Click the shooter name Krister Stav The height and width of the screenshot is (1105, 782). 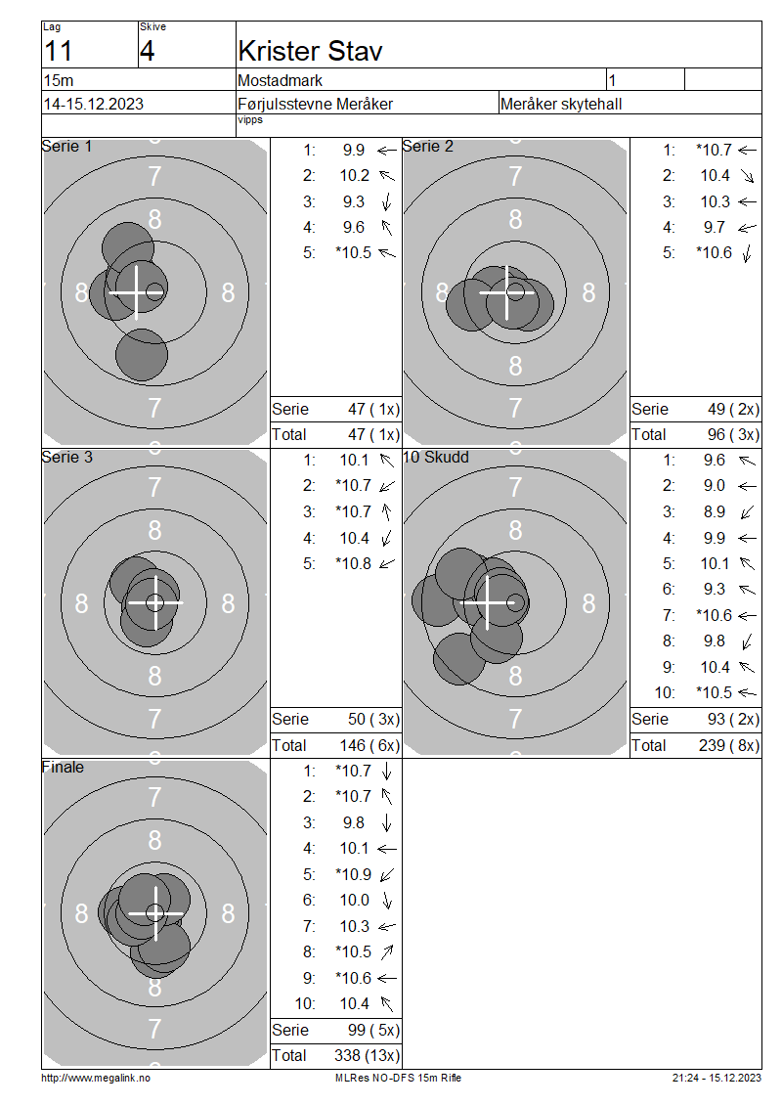[310, 51]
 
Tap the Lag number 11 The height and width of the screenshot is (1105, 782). [58, 52]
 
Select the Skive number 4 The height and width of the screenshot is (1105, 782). [148, 52]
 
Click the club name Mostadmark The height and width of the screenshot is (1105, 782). [281, 80]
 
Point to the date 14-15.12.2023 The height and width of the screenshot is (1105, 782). [94, 104]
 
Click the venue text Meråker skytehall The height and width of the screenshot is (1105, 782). [561, 105]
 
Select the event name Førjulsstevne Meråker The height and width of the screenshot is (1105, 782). [315, 105]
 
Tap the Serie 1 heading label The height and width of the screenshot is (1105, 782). [66, 146]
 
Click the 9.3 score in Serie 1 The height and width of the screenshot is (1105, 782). [354, 201]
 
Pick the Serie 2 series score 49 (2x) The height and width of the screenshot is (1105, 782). [733, 409]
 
